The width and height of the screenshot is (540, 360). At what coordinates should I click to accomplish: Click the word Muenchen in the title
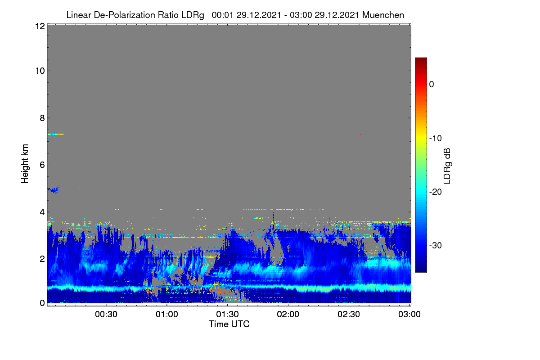pyautogui.click(x=383, y=15)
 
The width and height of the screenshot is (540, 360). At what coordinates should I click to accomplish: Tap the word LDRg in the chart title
pyautogui.click(x=193, y=15)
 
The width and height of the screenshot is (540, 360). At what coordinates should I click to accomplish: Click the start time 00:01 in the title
pyautogui.click(x=222, y=15)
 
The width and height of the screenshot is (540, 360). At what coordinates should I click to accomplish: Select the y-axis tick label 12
pyautogui.click(x=40, y=26)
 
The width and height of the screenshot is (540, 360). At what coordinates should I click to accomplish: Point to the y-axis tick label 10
pyautogui.click(x=40, y=71)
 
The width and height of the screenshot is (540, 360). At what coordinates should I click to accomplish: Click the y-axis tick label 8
pyautogui.click(x=42, y=118)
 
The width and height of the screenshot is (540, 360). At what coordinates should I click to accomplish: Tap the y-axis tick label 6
pyautogui.click(x=42, y=165)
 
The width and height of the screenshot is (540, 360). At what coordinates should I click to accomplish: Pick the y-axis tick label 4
pyautogui.click(x=42, y=212)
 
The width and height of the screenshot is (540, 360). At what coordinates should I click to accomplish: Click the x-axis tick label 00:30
pyautogui.click(x=106, y=314)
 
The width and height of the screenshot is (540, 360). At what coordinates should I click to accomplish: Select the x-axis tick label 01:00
pyautogui.click(x=167, y=314)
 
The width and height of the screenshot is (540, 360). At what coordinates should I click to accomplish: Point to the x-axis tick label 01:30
pyautogui.click(x=227, y=314)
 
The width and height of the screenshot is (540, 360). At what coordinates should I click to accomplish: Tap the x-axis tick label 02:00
pyautogui.click(x=288, y=314)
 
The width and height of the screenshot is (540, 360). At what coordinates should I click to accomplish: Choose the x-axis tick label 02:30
pyautogui.click(x=349, y=314)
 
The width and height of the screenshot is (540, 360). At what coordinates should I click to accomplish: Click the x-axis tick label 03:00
pyautogui.click(x=409, y=314)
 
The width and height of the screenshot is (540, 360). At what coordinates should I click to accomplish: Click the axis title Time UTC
pyautogui.click(x=229, y=324)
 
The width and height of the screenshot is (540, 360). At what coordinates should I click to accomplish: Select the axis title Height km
pyautogui.click(x=25, y=164)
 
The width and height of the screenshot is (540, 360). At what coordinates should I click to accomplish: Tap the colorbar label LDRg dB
pyautogui.click(x=447, y=166)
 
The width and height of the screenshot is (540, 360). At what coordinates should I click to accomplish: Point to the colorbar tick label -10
pyautogui.click(x=436, y=138)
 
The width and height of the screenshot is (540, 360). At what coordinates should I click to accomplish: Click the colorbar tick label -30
pyautogui.click(x=436, y=245)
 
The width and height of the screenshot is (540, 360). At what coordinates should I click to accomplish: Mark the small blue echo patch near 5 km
pyautogui.click(x=54, y=189)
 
